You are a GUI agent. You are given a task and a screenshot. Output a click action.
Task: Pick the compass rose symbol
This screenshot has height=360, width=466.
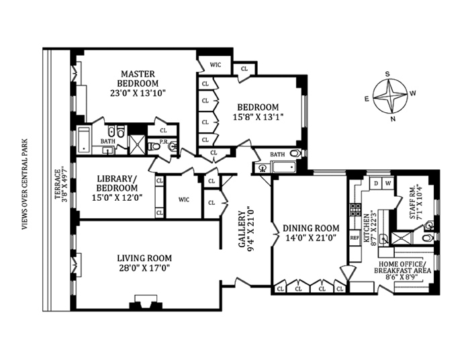coord(391,96)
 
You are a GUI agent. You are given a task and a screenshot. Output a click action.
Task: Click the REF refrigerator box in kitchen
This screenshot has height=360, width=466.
coord(355,237)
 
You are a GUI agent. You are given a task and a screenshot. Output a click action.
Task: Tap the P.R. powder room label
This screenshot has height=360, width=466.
coord(154,143)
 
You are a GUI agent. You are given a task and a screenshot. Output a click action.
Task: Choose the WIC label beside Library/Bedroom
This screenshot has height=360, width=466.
coord(183,199)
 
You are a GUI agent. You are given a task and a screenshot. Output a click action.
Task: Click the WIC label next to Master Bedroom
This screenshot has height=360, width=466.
coord(216,65)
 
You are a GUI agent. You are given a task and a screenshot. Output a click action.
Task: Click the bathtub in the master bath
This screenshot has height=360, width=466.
coord(85,140)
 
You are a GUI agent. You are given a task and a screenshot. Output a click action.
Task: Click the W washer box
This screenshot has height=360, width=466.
coord(388,183)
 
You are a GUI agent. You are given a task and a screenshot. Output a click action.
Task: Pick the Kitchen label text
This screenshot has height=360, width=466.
coord(367,229)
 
